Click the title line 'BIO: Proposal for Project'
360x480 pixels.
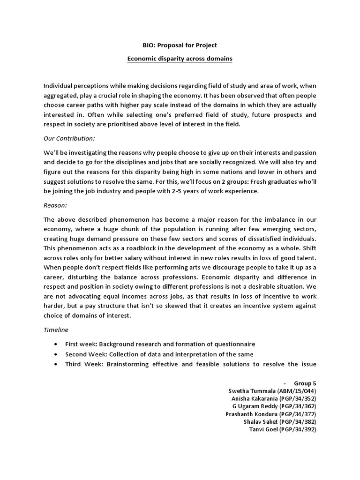180,45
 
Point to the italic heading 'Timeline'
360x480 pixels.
56,330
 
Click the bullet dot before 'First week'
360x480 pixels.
57,345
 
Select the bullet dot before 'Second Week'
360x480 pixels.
57,354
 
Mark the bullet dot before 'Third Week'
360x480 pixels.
57,364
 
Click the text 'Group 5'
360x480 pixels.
305,383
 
